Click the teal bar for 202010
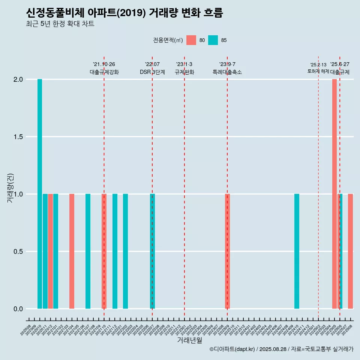point(40,194)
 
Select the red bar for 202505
point(334,194)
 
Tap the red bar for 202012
point(50,251)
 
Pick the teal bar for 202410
point(297,251)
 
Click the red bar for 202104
point(72,251)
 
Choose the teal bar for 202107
point(88,251)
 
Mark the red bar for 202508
point(350,251)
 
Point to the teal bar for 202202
point(125,251)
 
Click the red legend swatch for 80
point(191,40)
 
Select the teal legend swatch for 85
point(213,40)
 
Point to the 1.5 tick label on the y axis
point(18,137)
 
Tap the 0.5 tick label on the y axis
point(18,252)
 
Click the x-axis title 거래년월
point(189,340)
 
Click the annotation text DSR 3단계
point(152,72)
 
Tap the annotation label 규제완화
point(184,72)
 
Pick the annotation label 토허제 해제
point(318,71)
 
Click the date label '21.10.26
point(104,64)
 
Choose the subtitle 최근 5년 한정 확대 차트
point(60,24)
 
